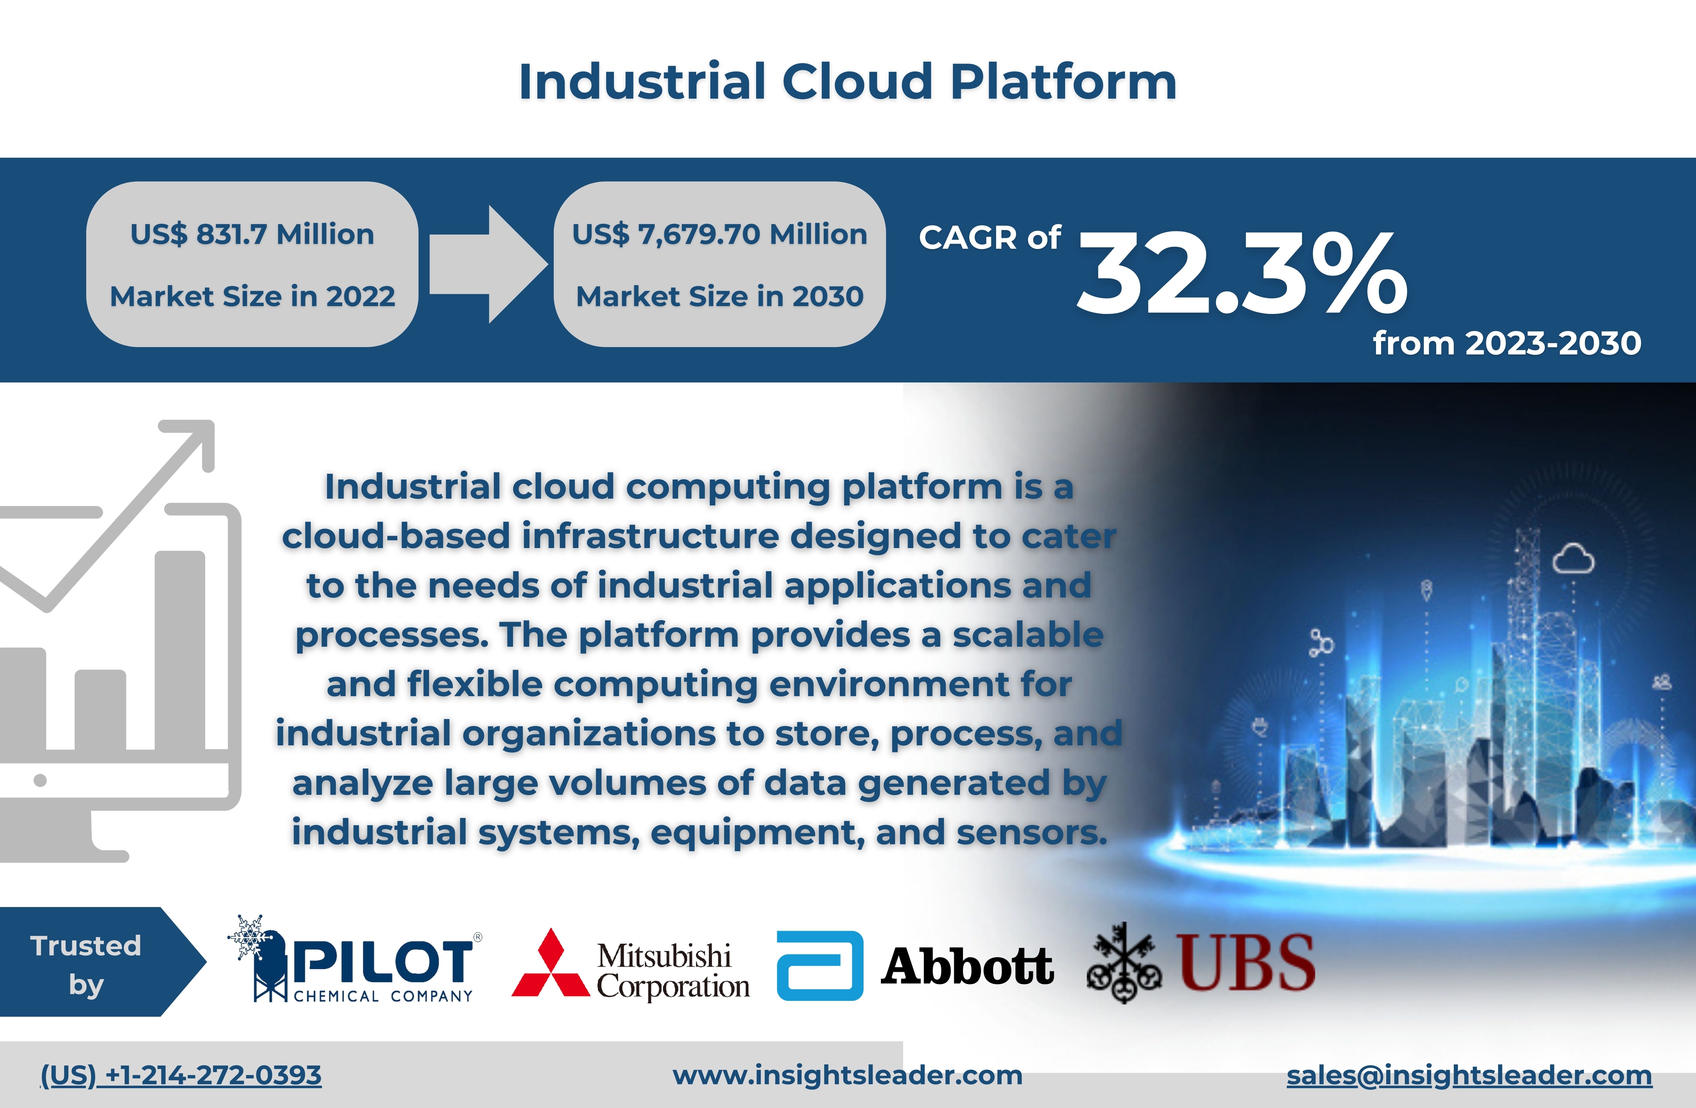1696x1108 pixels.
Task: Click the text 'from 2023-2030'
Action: coord(1507,343)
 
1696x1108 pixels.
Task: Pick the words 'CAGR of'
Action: coord(990,237)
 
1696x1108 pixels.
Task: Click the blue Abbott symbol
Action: coord(819,966)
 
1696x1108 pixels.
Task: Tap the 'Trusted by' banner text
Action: coord(86,965)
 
